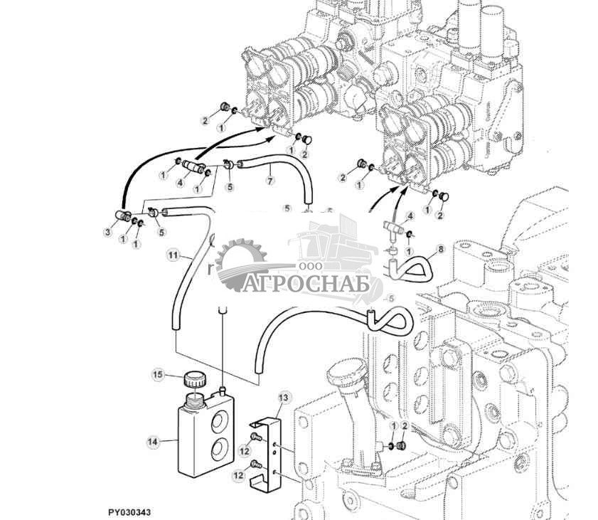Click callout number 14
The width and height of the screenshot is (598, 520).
pyautogui.click(x=152, y=442)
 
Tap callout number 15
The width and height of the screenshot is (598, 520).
pyautogui.click(x=158, y=374)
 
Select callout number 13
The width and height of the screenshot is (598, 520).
pyautogui.click(x=284, y=398)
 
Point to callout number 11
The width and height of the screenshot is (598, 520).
pyautogui.click(x=173, y=255)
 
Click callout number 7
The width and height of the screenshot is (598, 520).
pyautogui.click(x=270, y=180)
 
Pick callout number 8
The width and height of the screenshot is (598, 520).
pyautogui.click(x=441, y=250)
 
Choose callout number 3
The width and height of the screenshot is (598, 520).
pyautogui.click(x=108, y=232)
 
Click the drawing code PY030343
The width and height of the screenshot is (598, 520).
pyautogui.click(x=129, y=512)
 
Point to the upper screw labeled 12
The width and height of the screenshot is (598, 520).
pyautogui.click(x=255, y=437)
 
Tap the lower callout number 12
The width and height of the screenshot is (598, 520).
pyautogui.click(x=238, y=476)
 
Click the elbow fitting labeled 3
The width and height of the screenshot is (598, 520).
pyautogui.click(x=123, y=216)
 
